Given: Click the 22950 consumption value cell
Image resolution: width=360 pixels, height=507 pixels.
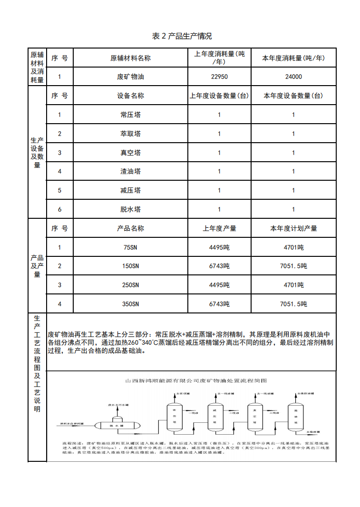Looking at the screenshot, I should [219, 77].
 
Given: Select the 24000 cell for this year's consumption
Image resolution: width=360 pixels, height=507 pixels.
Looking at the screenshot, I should [293, 77].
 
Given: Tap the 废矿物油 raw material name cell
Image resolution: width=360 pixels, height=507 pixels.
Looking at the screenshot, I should [130, 77].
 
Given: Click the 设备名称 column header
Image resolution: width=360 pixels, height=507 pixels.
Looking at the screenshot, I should [130, 96].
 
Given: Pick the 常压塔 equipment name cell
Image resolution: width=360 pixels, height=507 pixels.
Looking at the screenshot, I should [130, 115].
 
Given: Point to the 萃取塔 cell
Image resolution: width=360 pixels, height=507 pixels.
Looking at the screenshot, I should [130, 134].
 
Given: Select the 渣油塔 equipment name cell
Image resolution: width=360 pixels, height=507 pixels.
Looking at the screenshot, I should [130, 171].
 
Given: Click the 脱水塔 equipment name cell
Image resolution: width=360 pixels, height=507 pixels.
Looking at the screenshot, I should [130, 209].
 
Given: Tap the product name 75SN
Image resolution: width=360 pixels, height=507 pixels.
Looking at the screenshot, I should [130, 247].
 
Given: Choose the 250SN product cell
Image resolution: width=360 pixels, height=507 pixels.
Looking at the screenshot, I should [130, 285].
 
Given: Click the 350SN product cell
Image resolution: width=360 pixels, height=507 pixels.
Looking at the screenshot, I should [130, 304].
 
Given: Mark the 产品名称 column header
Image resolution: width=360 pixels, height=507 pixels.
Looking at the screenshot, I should [130, 228].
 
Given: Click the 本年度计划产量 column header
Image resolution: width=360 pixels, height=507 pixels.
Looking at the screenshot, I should [293, 228].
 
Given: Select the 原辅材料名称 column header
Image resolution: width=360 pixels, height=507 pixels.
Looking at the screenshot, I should [130, 58].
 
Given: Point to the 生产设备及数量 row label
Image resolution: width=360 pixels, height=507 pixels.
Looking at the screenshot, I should [37, 153].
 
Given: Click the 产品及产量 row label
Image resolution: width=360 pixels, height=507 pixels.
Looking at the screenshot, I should [37, 266].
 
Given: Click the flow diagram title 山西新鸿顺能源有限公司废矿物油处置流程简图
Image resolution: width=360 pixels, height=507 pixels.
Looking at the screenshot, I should [195, 381].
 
